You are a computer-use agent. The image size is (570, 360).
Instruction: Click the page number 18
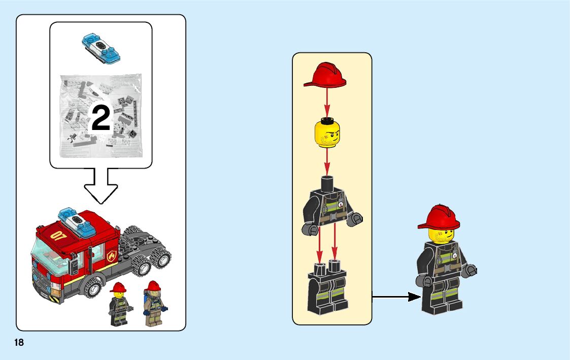pyautogui.click(x=19, y=342)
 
